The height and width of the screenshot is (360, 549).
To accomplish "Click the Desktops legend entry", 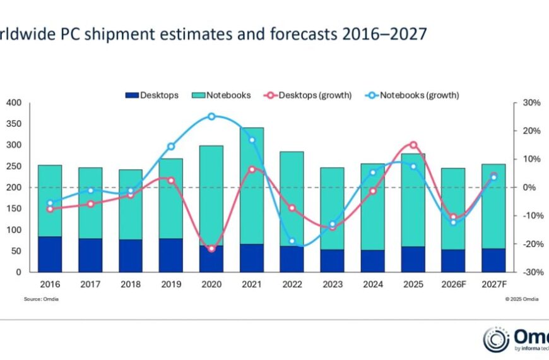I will (x=152, y=95).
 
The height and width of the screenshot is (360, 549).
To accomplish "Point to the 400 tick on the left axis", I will (x=14, y=103).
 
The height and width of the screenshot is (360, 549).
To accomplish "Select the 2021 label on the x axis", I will (x=252, y=285).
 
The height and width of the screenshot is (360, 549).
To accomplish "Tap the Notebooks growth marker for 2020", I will (x=211, y=117).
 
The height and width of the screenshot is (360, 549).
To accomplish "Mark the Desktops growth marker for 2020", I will (x=211, y=249).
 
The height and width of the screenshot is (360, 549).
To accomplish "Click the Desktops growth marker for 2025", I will (x=413, y=145).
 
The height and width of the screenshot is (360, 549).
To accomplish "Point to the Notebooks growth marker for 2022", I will (x=292, y=241).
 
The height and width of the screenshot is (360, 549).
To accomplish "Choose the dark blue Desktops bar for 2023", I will (x=333, y=260).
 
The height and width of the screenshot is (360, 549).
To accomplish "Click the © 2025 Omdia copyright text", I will (x=521, y=298).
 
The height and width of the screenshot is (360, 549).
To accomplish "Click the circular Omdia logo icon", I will (x=495, y=340).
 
